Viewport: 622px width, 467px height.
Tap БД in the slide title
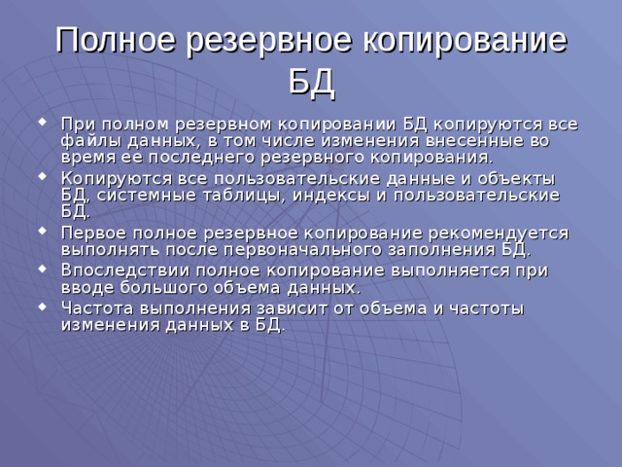pos(311,84)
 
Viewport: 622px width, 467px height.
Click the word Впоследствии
pos(121,270)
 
